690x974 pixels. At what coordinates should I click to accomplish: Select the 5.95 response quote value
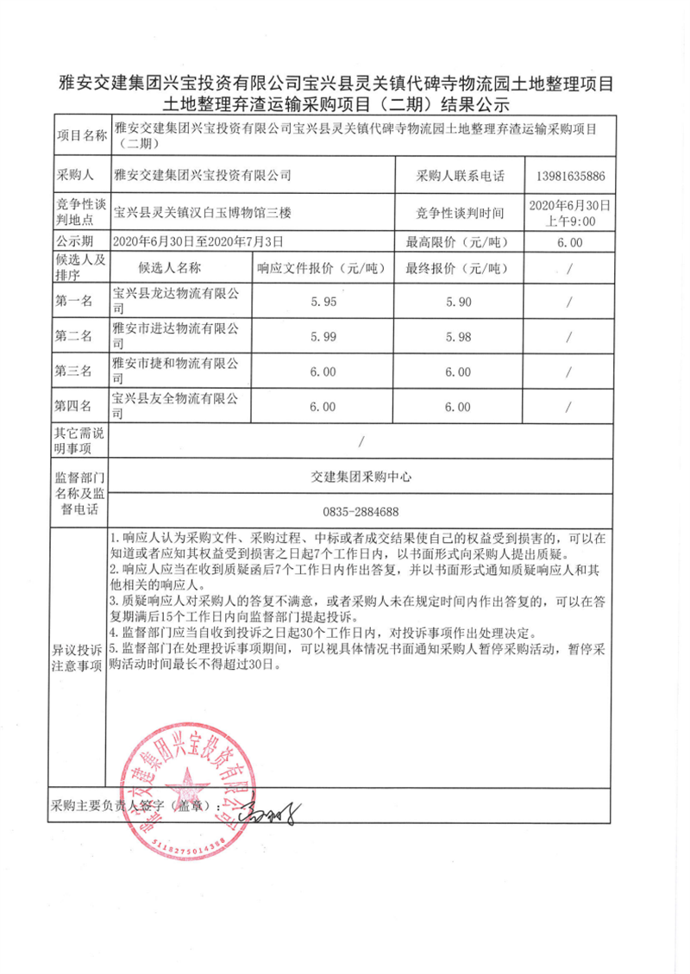point(323,303)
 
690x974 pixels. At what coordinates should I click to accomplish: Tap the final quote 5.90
point(458,303)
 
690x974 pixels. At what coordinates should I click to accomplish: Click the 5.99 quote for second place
point(323,337)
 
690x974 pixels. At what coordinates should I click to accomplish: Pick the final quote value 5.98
point(458,337)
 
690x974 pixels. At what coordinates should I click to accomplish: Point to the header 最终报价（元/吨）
point(458,268)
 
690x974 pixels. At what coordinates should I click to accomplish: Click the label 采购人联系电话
point(458,176)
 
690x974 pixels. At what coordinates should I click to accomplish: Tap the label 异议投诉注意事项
point(78,658)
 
